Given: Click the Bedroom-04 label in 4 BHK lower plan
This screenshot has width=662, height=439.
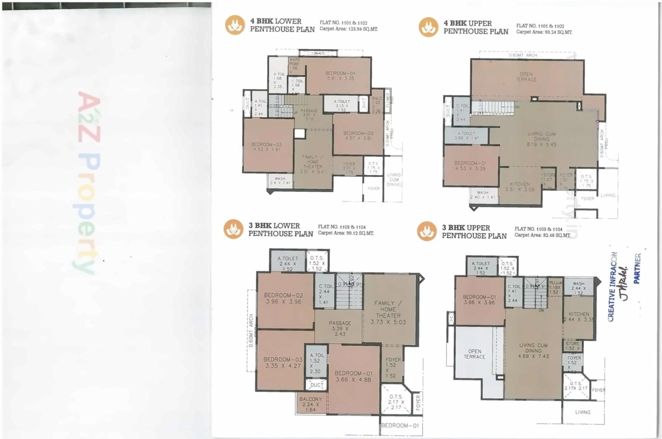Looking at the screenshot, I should (340, 76).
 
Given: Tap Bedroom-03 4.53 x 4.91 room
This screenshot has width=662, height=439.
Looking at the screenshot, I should (266, 147).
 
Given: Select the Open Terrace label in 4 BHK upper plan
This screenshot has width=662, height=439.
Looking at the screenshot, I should (526, 77).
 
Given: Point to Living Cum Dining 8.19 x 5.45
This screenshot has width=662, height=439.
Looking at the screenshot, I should (541, 139).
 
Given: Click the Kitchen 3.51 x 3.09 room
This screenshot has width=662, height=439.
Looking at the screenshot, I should (520, 187).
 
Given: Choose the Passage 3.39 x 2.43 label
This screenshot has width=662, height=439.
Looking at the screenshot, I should (339, 328).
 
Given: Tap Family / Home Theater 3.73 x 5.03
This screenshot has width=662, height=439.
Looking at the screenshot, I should (388, 312).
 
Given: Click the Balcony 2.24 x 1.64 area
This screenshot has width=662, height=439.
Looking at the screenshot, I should (310, 404).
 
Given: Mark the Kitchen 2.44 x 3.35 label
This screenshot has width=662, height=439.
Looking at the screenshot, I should (579, 316).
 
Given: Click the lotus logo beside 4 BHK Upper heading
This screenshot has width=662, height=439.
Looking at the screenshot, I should (428, 27).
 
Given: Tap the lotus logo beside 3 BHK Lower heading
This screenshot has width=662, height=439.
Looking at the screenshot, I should (233, 229).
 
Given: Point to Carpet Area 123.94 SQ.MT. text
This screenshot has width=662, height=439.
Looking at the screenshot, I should (348, 29).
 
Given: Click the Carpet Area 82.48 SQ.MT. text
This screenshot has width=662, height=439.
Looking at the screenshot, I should (542, 235).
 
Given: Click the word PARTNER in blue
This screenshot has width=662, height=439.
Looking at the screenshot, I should (637, 268).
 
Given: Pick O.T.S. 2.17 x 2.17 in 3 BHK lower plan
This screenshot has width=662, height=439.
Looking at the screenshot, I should (396, 402).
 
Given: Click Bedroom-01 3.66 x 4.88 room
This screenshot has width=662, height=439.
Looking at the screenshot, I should (354, 376).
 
